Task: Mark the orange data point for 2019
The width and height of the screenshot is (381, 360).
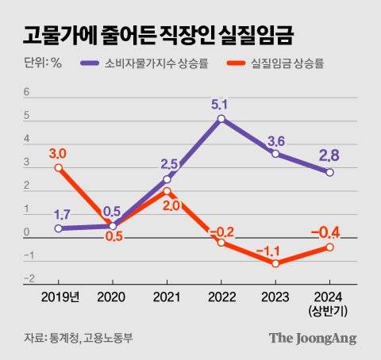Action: [x=58, y=167]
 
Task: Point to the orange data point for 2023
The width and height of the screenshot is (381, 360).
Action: [x=275, y=263]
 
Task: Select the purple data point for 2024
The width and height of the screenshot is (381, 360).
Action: [x=329, y=172]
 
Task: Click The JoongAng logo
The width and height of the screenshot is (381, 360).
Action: [x=312, y=338]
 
